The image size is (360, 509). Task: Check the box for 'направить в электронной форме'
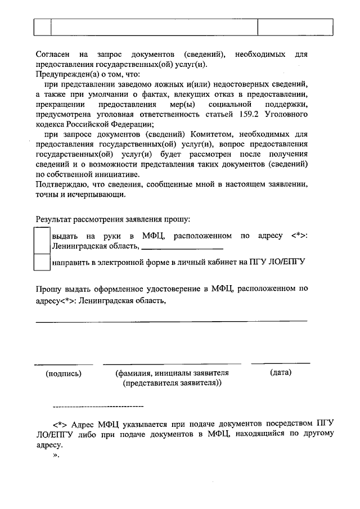pos(43,262)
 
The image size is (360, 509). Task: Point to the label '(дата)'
pos(281,372)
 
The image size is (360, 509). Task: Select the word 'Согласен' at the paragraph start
pos(52,55)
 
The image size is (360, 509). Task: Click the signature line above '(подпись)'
pos(63,364)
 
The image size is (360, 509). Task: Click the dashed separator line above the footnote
pos(97,406)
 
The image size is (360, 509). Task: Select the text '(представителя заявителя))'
pos(172,383)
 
